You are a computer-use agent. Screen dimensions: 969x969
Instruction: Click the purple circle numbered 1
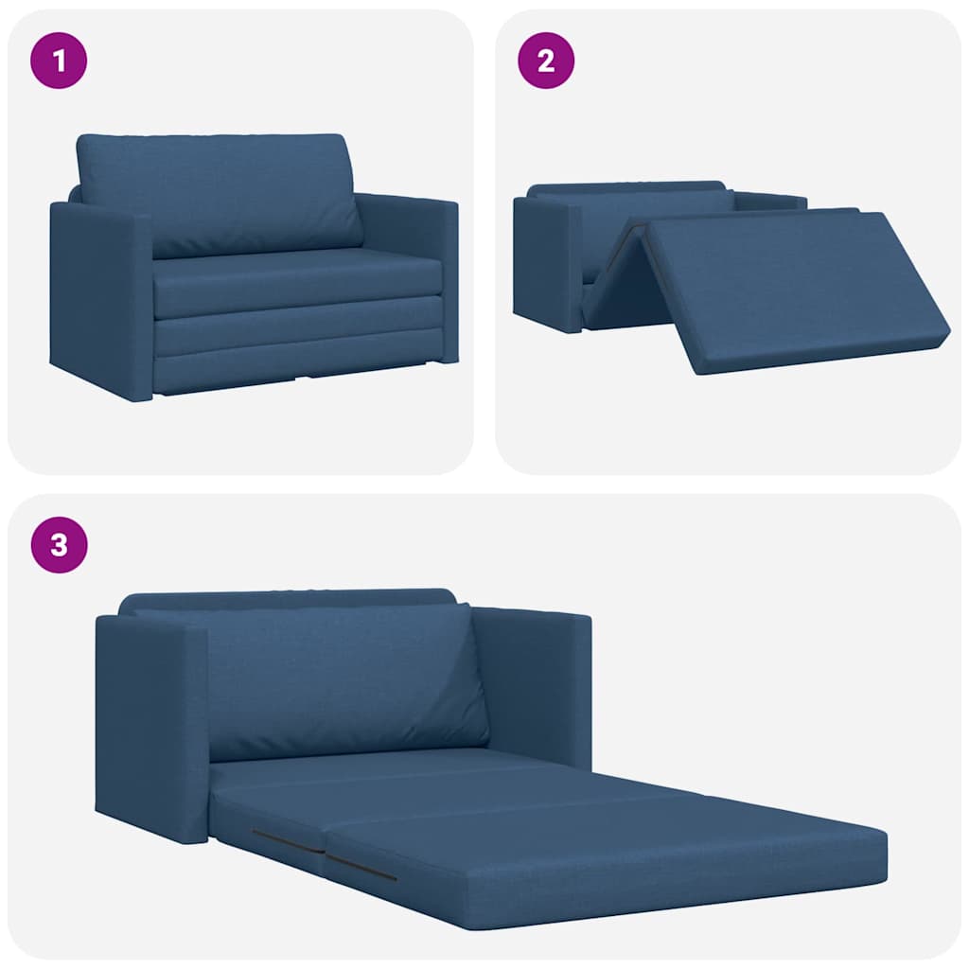[x=60, y=62]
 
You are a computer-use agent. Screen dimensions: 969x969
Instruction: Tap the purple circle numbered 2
[x=546, y=62]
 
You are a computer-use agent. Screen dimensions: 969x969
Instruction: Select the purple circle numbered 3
[x=60, y=546]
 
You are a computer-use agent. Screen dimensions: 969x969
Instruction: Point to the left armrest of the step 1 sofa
[x=99, y=298]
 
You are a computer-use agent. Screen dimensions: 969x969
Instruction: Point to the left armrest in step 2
[x=546, y=260]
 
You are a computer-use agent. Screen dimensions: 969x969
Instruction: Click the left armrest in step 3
[x=151, y=729]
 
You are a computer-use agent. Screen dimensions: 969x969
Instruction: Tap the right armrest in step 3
[x=535, y=681]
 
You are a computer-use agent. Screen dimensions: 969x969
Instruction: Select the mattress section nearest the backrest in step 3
[x=379, y=766]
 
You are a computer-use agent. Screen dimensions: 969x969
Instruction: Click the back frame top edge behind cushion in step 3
[x=284, y=598]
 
